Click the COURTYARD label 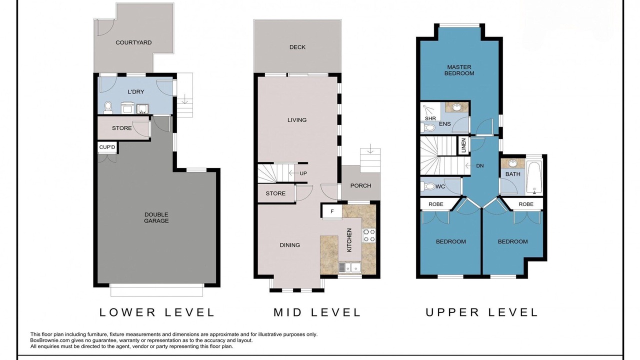pyautogui.click(x=133, y=42)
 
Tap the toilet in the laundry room pyautogui.click(x=108, y=107)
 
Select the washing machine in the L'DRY pyautogui.click(x=127, y=107)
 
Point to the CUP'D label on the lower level pyautogui.click(x=107, y=147)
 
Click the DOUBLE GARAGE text pyautogui.click(x=156, y=217)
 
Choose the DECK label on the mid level pyautogui.click(x=297, y=47)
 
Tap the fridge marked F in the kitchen pyautogui.click(x=332, y=211)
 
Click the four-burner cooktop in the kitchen pyautogui.click(x=369, y=235)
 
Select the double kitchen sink pyautogui.click(x=350, y=267)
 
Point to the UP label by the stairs pyautogui.click(x=303, y=173)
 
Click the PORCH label pyautogui.click(x=360, y=185)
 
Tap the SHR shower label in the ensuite pyautogui.click(x=430, y=118)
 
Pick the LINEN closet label pyautogui.click(x=463, y=145)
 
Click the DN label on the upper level pyautogui.click(x=480, y=165)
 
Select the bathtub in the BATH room pyautogui.click(x=534, y=177)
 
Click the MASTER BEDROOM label pyautogui.click(x=459, y=70)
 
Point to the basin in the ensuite pyautogui.click(x=457, y=107)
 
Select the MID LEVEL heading pyautogui.click(x=317, y=312)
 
